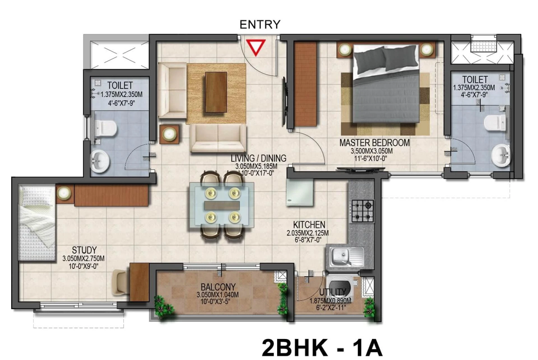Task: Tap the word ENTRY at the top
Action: (x=260, y=25)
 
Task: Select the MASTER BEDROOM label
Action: (x=374, y=143)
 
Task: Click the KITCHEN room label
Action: (x=309, y=225)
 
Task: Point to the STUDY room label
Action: (x=84, y=250)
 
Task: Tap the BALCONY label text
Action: (x=218, y=287)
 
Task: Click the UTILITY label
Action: (x=333, y=292)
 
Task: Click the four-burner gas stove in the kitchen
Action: (x=363, y=211)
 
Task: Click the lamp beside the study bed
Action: (x=64, y=193)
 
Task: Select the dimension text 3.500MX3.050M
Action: (x=372, y=151)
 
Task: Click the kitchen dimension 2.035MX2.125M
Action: (x=308, y=233)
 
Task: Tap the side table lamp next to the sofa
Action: (x=169, y=134)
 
